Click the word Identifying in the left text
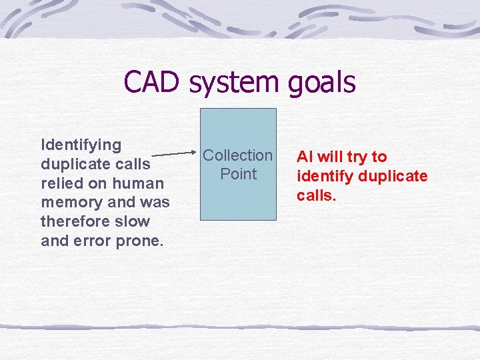click(81, 145)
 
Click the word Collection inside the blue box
click(238, 155)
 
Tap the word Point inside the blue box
click(238, 174)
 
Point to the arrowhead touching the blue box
click(197, 152)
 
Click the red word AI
click(305, 157)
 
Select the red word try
click(357, 157)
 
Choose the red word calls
click(315, 195)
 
